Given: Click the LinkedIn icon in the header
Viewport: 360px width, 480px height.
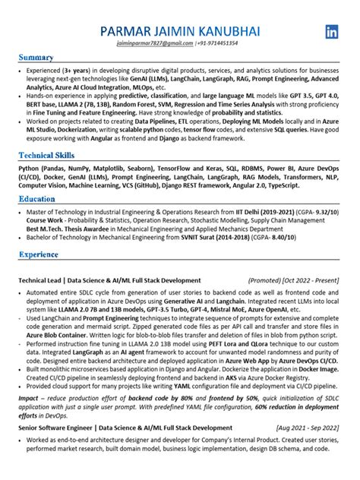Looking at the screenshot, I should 332,32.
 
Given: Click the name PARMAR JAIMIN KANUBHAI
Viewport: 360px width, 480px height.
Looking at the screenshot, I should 179,31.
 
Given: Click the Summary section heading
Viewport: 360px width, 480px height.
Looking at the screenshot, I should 36,58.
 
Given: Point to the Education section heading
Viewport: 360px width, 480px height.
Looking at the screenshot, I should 37,197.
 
